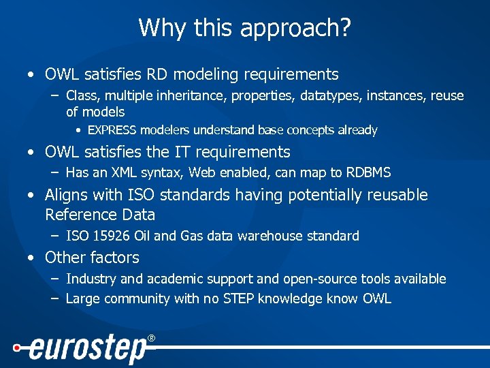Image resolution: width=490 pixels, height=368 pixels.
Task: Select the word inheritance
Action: pyautogui.click(x=195, y=95)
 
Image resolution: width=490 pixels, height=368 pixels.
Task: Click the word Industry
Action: pyautogui.click(x=91, y=279)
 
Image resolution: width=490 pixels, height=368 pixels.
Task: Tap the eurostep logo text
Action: pyautogui.click(x=87, y=350)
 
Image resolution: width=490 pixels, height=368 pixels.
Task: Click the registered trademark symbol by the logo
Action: pyautogui.click(x=151, y=338)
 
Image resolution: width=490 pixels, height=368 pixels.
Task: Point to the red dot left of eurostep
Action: pyautogui.click(x=16, y=347)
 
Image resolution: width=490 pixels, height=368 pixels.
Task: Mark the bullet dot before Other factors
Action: pyautogui.click(x=31, y=258)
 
